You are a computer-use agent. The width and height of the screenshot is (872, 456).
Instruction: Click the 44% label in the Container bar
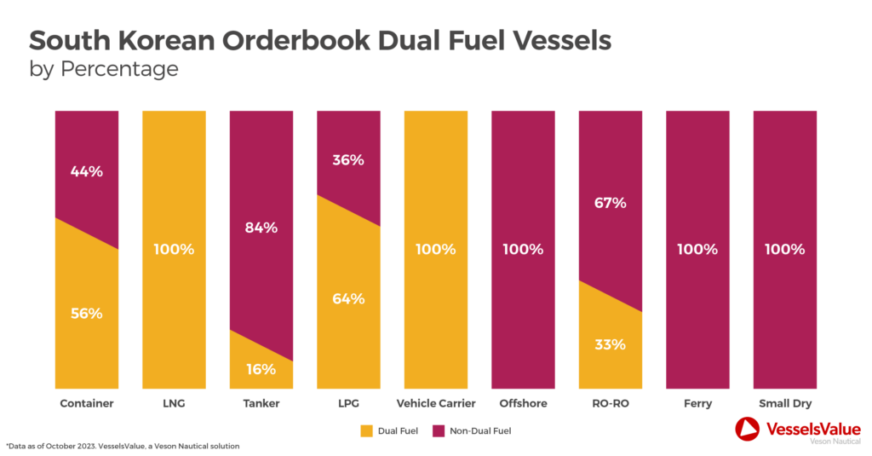[87, 171]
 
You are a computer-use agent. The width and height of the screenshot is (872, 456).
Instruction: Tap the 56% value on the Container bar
[87, 313]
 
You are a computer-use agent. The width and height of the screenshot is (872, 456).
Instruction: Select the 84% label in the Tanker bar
[261, 228]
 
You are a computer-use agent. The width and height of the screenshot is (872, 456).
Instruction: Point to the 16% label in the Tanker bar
[261, 369]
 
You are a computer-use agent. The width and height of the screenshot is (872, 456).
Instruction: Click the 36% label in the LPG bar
[348, 159]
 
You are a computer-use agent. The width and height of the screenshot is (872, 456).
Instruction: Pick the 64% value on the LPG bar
[348, 298]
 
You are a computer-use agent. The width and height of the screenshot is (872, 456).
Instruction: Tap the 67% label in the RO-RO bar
[610, 203]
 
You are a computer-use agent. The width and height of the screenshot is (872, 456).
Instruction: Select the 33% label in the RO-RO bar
[610, 344]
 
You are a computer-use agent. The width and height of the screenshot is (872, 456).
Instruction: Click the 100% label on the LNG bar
[174, 250]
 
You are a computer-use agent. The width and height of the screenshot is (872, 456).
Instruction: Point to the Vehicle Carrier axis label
[435, 403]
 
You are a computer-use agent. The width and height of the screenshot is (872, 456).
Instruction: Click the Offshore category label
[523, 403]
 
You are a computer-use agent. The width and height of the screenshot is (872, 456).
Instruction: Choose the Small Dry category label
[784, 403]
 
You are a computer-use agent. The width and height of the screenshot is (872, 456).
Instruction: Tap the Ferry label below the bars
[697, 403]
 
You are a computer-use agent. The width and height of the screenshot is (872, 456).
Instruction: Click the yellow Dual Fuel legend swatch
[368, 430]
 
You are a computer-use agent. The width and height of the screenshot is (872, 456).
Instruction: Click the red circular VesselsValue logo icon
[747, 430]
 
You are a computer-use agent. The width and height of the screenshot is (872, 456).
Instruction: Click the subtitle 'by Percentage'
[104, 69]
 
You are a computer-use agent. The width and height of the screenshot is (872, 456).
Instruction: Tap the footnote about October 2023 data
[123, 446]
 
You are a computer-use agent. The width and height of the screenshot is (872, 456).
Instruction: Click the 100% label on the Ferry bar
[697, 250]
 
